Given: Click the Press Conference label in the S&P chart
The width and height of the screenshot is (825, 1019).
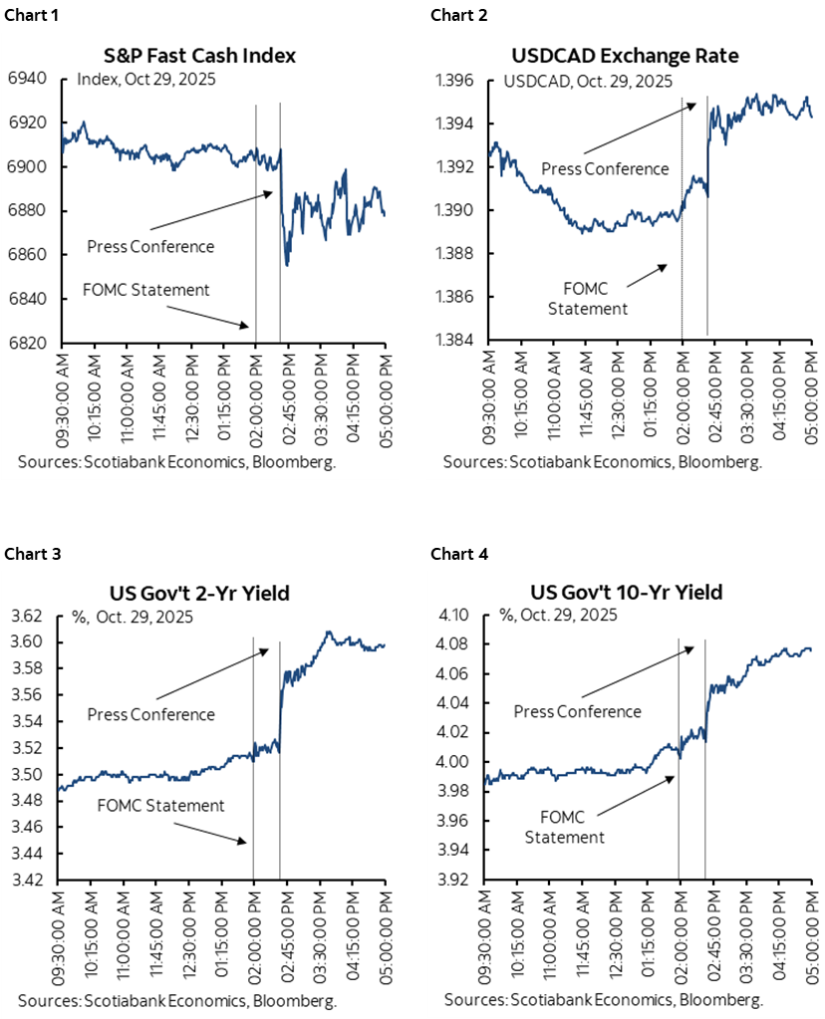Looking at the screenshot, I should (x=150, y=246).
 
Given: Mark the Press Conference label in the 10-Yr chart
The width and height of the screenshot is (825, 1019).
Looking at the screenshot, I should (x=578, y=711).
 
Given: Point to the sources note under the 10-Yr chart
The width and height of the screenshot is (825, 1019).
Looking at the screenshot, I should (x=604, y=999).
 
